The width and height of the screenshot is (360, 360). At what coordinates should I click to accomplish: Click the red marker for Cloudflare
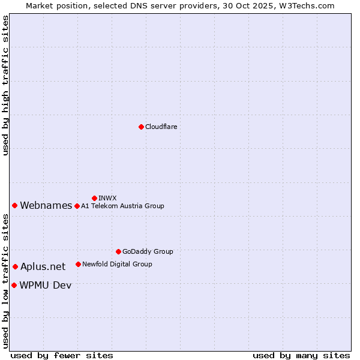click(141, 127)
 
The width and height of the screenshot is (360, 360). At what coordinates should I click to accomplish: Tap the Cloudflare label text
click(161, 127)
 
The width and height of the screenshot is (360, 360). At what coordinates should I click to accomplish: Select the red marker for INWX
click(94, 198)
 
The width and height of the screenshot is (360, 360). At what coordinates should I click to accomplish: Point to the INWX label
click(107, 198)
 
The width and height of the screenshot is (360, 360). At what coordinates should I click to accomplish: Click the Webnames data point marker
click(14, 206)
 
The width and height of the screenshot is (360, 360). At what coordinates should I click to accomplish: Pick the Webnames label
click(46, 206)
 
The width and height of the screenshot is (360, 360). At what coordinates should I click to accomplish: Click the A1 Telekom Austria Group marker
click(77, 206)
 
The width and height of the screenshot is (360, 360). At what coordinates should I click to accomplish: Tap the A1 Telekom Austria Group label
click(122, 206)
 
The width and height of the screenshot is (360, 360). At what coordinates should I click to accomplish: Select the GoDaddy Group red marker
click(118, 251)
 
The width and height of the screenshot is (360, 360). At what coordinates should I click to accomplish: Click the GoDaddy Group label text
click(148, 251)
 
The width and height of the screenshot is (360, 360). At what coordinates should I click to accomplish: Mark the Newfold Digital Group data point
click(78, 264)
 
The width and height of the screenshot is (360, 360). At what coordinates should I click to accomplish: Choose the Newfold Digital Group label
click(117, 264)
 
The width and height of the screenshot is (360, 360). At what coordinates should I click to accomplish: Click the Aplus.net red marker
click(15, 266)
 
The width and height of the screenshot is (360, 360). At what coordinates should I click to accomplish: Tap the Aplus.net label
click(43, 267)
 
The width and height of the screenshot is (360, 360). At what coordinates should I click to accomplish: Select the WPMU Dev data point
click(14, 285)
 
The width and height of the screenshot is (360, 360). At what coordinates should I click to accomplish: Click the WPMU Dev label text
click(45, 286)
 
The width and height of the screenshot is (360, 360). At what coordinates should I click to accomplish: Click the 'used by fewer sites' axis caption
click(62, 355)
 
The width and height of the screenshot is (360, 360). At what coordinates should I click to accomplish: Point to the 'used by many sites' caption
click(301, 355)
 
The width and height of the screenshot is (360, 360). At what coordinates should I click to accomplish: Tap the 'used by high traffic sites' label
click(6, 86)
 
